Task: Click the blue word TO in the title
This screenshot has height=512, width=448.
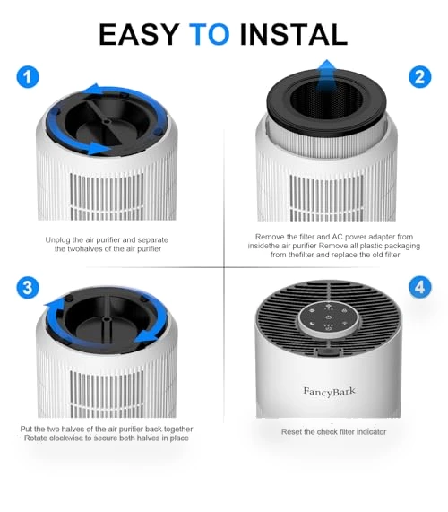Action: (x=210, y=35)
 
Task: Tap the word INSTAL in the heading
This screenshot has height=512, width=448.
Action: (x=293, y=35)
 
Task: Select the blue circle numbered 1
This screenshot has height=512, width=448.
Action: (x=28, y=77)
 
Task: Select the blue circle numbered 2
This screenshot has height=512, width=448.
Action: (x=419, y=77)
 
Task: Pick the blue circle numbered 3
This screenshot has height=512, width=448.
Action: (x=28, y=288)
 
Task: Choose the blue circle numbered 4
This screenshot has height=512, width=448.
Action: (x=419, y=287)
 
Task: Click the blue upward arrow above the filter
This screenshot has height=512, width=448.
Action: (x=327, y=74)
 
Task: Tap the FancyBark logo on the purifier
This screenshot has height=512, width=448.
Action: (x=329, y=391)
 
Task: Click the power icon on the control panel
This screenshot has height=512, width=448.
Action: (x=328, y=317)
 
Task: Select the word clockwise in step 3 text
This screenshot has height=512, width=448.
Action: (x=66, y=438)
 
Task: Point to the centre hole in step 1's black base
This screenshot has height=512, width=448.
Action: (x=107, y=121)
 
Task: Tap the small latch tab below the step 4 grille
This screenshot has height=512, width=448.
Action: (x=329, y=352)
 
